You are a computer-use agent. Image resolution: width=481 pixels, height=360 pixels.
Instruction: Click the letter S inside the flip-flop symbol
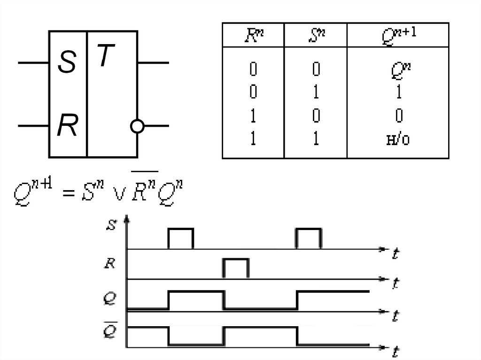pyautogui.click(x=67, y=63)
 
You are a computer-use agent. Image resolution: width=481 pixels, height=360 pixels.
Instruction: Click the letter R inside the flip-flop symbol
pyautogui.click(x=67, y=126)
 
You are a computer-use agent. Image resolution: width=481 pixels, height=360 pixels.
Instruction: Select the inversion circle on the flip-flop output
pyautogui.click(x=137, y=126)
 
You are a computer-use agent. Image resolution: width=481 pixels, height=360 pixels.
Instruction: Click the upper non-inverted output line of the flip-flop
pyautogui.click(x=153, y=62)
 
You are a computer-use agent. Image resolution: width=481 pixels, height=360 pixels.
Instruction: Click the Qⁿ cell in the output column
pyautogui.click(x=398, y=70)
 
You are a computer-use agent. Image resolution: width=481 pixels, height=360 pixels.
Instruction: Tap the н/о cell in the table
pyautogui.click(x=398, y=140)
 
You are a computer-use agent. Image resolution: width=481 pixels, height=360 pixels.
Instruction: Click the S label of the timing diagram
pyautogui.click(x=110, y=225)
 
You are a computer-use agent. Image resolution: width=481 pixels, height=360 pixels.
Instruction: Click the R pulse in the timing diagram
pyautogui.click(x=236, y=268)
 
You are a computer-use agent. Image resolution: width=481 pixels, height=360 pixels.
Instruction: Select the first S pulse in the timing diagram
pyautogui.click(x=181, y=238)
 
